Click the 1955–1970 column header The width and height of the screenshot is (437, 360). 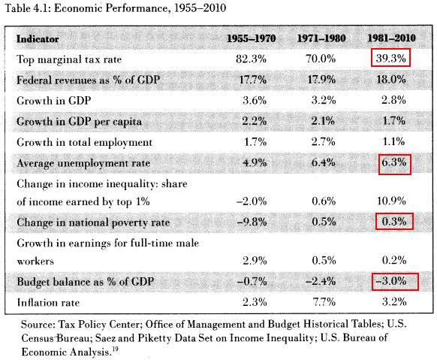(251, 38)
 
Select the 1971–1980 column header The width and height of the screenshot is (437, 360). (321, 38)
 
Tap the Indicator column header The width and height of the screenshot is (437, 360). (38, 39)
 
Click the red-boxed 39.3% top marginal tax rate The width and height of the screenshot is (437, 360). (390, 58)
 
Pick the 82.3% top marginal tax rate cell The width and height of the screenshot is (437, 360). (251, 59)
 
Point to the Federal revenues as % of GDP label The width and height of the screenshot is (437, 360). (88, 80)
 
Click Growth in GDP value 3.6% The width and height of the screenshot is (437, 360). (255, 100)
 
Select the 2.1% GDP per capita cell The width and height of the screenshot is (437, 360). (323, 121)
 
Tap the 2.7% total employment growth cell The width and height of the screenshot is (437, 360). (323, 141)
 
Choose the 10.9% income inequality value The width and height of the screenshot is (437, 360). (391, 201)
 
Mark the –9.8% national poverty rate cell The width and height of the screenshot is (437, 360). (252, 222)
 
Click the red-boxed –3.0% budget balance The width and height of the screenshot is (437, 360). (395, 281)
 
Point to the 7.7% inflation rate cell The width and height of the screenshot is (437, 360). (324, 302)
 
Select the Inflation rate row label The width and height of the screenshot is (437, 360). (48, 303)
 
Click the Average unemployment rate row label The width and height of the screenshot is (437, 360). (83, 163)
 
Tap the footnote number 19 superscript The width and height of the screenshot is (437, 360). (115, 349)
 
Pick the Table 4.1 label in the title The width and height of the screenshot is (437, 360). (27, 8)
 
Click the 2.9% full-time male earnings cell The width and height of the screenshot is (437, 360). (255, 261)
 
